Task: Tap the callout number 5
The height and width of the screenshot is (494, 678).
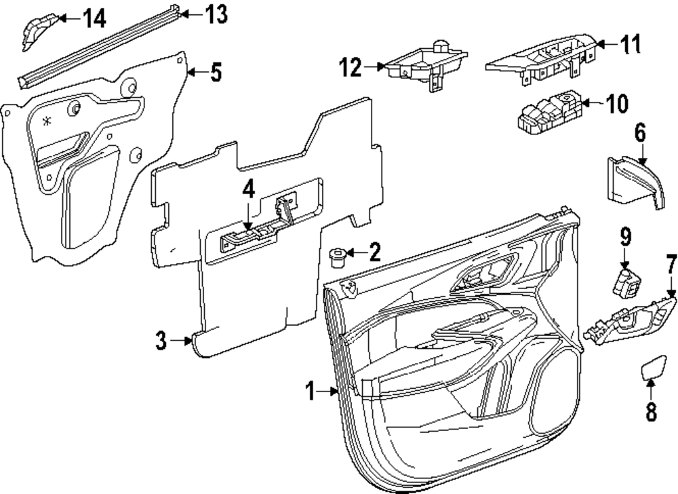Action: pos(216,72)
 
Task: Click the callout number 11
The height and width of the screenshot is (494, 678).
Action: pos(631,45)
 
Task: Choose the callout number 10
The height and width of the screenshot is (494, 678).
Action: pos(616,104)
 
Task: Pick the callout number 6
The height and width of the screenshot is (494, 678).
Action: pos(639,132)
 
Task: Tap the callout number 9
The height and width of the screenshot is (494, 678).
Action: pos(624,237)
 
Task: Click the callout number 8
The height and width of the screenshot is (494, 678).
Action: pos(651,411)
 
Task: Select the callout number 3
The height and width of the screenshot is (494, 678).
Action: pos(161,341)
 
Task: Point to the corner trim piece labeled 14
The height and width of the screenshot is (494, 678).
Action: pos(35,31)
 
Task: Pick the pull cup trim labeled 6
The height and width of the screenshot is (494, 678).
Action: pos(632,181)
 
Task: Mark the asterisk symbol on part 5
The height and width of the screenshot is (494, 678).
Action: pos(46,121)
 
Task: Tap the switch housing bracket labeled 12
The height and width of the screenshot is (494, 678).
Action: pos(427,65)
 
